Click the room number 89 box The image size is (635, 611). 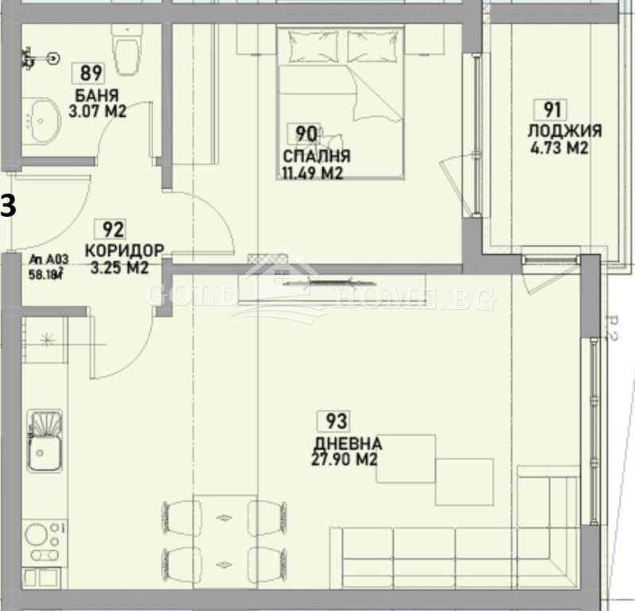pos(91,74)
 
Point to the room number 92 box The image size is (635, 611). pos(114,230)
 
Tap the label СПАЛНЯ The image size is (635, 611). pos(317,156)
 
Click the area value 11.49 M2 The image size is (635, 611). pos(312,172)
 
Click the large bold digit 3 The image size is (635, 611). pos(7,206)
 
